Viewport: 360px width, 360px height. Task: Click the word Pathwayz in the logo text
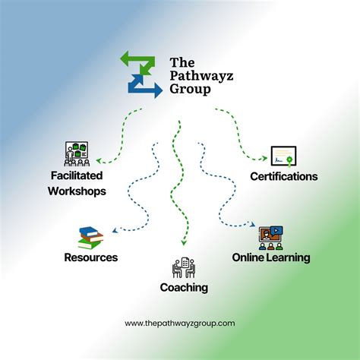point(201,76)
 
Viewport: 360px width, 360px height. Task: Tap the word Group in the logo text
point(190,90)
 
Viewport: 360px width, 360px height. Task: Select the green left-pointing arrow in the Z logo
point(137,60)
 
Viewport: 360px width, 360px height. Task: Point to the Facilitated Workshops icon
point(77,153)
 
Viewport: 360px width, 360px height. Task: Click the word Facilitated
point(77,175)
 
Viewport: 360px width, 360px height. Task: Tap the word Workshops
point(77,191)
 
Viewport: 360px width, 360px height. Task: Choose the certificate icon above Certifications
point(283,156)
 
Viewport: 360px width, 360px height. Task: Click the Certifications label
point(284,177)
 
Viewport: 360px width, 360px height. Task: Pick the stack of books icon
point(91,238)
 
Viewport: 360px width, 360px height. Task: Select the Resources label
point(91,257)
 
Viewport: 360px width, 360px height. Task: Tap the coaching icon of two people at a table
point(184,267)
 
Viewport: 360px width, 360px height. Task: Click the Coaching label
point(184,288)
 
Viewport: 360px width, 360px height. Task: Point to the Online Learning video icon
point(271,238)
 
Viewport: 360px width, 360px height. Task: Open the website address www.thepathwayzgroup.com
point(180,324)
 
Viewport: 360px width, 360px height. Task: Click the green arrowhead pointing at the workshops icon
point(99,160)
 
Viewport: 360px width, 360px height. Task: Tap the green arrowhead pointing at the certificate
point(264,159)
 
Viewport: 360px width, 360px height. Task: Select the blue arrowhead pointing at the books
point(115,230)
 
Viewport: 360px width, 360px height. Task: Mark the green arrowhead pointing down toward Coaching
point(184,242)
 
